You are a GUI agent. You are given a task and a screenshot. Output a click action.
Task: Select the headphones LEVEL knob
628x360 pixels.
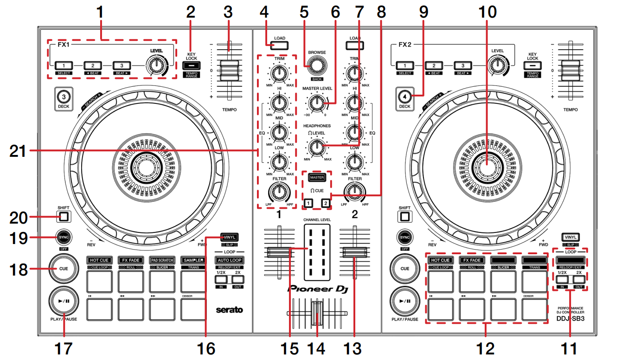click(x=317, y=147)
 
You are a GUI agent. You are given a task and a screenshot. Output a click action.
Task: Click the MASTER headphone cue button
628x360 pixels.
click(x=317, y=178)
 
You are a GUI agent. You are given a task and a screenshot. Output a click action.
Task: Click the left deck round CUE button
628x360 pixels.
click(x=63, y=269)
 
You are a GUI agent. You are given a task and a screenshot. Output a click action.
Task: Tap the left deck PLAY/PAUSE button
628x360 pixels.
click(x=63, y=301)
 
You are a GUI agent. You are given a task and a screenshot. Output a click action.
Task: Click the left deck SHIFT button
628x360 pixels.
click(x=63, y=216)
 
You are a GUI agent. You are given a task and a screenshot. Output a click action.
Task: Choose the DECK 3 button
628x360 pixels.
click(x=63, y=97)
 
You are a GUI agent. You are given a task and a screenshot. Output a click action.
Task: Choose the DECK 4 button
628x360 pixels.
click(x=404, y=97)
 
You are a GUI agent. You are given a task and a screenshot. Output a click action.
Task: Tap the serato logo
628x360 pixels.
click(x=229, y=309)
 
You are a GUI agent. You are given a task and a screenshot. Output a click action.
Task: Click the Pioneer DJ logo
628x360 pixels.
click(x=317, y=289)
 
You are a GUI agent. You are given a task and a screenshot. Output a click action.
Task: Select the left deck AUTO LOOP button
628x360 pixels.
click(x=229, y=260)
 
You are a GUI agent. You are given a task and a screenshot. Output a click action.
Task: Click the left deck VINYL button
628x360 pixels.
click(x=229, y=237)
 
